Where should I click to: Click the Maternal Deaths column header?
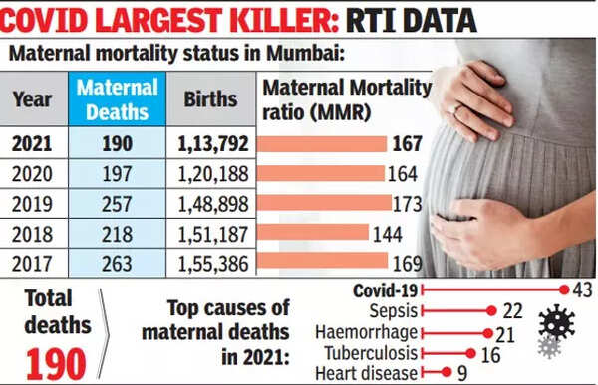pyautogui.click(x=118, y=99)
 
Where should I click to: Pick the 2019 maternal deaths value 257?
pyautogui.click(x=118, y=204)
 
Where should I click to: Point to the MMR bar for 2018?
pyautogui.click(x=313, y=234)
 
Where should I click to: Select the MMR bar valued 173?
pyautogui.click(x=325, y=204)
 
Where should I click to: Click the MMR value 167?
pyautogui.click(x=407, y=143)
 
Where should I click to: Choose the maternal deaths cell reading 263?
pyautogui.click(x=118, y=264)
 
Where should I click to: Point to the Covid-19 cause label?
pyautogui.click(x=385, y=289)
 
